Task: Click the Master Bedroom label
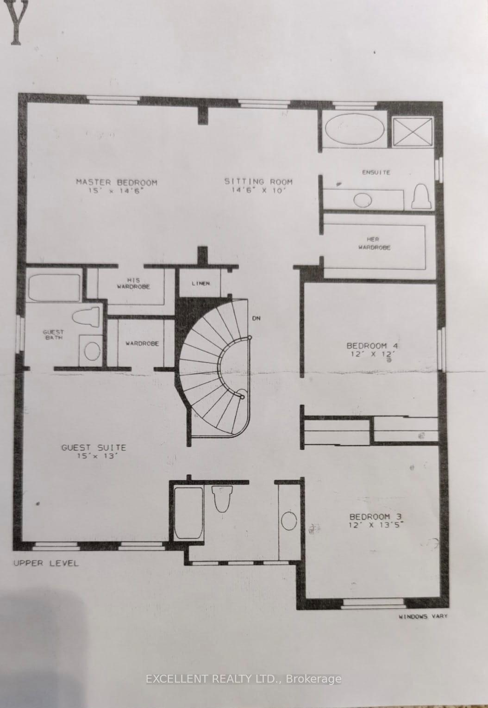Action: click(x=116, y=182)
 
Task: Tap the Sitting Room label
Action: click(x=258, y=181)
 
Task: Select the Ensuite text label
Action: click(x=375, y=172)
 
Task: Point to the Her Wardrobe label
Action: click(x=374, y=243)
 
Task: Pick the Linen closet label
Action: click(x=201, y=283)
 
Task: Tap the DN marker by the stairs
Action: click(x=256, y=318)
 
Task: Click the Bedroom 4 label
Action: click(x=373, y=346)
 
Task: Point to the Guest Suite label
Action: click(x=94, y=447)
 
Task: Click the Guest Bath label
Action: click(x=53, y=335)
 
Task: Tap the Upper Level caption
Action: click(x=46, y=563)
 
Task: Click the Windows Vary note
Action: click(x=423, y=616)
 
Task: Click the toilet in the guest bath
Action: click(x=87, y=317)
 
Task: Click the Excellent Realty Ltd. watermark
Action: click(x=244, y=679)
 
